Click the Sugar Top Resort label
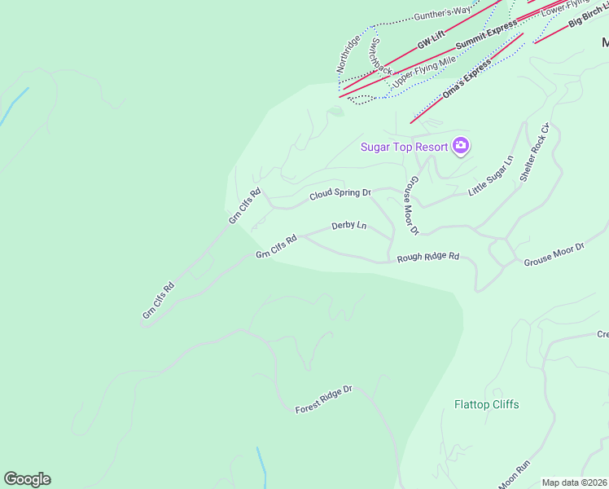tap(405, 147)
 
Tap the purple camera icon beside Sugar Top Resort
tap(462, 146)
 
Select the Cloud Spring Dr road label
tap(340, 194)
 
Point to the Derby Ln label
tap(349, 226)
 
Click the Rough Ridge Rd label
tap(428, 258)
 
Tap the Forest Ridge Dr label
tap(323, 399)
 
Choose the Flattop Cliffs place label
tap(486, 404)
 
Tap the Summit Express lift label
tap(486, 34)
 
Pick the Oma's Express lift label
tap(467, 80)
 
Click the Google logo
tap(27, 479)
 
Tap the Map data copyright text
tap(575, 482)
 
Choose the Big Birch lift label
tap(588, 19)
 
